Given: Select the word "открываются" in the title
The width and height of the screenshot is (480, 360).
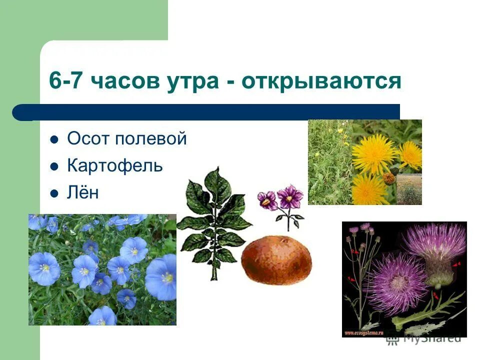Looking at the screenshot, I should click(x=321, y=80).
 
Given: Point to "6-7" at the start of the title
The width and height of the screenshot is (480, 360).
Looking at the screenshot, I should click(x=66, y=80).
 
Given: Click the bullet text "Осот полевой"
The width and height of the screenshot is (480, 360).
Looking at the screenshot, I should click(x=127, y=139).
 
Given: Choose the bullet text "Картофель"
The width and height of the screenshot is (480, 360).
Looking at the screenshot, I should click(x=115, y=165).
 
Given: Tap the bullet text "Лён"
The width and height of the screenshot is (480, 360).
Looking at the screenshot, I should click(x=83, y=192).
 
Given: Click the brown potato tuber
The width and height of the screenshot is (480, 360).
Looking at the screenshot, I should click(x=276, y=259).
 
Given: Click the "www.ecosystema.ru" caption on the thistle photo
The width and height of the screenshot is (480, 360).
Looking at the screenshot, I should click(x=369, y=332).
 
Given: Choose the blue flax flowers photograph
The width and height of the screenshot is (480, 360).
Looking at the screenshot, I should click(x=102, y=269).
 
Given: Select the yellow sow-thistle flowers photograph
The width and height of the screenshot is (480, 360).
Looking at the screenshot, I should click(x=364, y=162).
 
